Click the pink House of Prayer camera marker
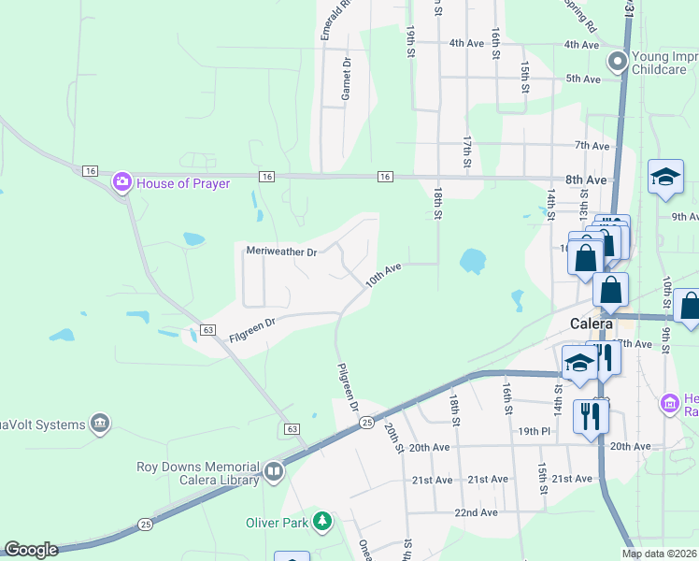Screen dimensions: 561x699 [x=121, y=182]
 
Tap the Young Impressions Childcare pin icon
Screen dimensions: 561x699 [x=617, y=63]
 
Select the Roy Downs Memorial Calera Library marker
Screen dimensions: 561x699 [x=273, y=471]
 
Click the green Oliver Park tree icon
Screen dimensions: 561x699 [x=322, y=521]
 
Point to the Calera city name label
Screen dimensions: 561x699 [x=592, y=324]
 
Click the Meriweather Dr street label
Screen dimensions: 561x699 [x=282, y=252]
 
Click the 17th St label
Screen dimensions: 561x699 [x=466, y=147]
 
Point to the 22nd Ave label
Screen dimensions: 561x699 [x=475, y=512]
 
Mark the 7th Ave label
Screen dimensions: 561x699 [x=592, y=146]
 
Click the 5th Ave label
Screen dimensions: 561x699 [x=582, y=79]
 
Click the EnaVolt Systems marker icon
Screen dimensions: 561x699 [x=100, y=424]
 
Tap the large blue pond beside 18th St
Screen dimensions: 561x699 [x=473, y=261]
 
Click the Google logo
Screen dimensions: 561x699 [x=31, y=550]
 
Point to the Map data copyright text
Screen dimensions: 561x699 [x=659, y=554]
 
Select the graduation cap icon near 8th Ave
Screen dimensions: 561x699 [x=664, y=178]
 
